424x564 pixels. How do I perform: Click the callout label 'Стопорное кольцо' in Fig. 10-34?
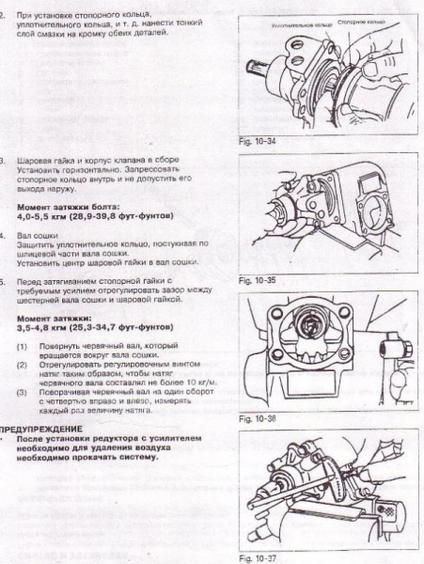pyautogui.click(x=364, y=19)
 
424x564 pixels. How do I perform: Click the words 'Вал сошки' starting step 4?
pyautogui.click(x=39, y=232)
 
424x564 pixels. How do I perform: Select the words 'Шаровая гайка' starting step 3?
pyautogui.click(x=47, y=161)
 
